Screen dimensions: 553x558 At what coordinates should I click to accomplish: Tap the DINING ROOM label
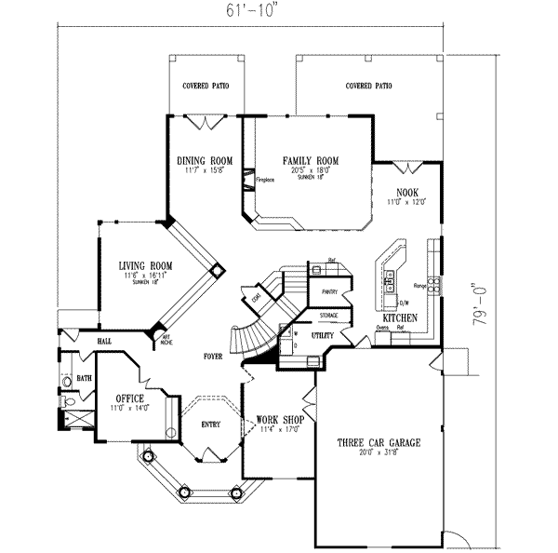(x=205, y=160)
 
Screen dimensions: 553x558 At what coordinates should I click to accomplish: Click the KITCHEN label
(x=398, y=318)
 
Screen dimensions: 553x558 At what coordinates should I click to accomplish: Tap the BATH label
(x=84, y=378)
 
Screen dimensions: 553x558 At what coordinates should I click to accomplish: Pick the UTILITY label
(x=323, y=332)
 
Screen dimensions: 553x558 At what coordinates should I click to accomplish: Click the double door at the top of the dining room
(x=206, y=121)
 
